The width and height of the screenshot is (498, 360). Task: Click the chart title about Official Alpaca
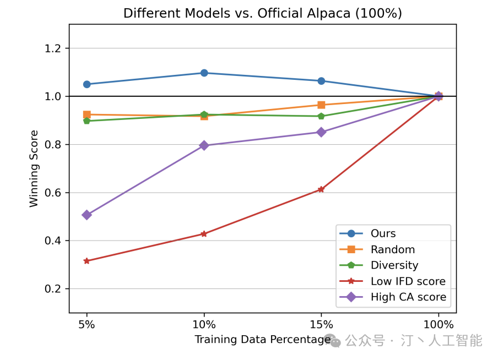coord(262,13)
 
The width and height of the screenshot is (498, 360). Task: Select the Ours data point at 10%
coord(204,73)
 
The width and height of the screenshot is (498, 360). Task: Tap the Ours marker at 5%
coord(86,84)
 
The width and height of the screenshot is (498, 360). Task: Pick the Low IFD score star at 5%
coord(86,261)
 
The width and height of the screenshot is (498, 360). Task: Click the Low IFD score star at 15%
coord(321,189)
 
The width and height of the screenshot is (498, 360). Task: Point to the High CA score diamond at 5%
coord(86,215)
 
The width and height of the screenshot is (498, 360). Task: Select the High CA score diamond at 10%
coord(204,145)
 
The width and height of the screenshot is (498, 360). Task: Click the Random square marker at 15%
coord(321,105)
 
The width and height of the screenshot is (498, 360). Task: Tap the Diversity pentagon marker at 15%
coord(321,116)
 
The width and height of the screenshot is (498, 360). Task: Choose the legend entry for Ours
coord(383,233)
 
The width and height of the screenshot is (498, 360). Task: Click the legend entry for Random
coord(392,249)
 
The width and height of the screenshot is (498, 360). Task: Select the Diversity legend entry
coord(394,265)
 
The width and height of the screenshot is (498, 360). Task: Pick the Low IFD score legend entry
coord(408,281)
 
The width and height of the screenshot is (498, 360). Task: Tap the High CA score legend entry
coord(408,298)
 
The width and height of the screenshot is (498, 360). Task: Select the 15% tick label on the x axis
coord(321,325)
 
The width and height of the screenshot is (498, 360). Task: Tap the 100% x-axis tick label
coord(439,325)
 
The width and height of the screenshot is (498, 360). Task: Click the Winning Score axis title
coord(34,168)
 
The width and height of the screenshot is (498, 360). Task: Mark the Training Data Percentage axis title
coord(262,340)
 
